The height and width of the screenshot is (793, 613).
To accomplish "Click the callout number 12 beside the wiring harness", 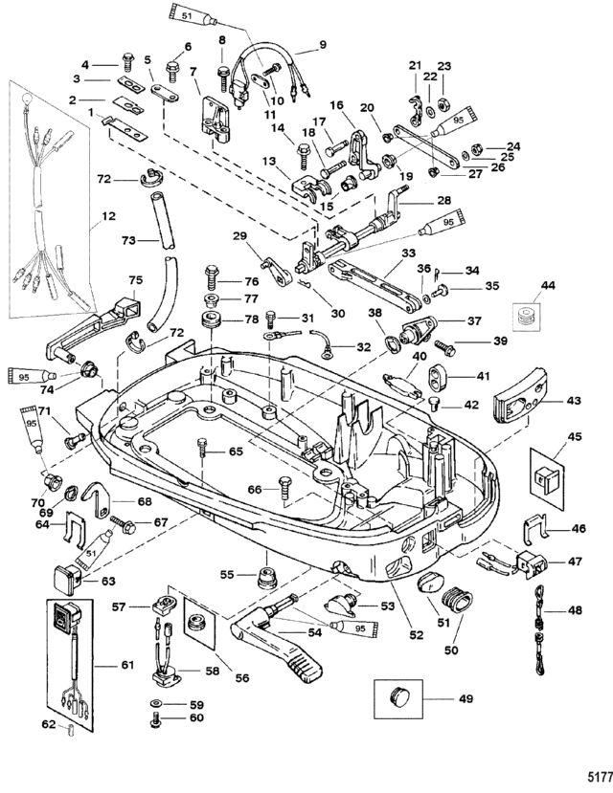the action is click(x=108, y=216).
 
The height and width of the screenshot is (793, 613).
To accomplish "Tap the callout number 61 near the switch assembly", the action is click(x=127, y=664).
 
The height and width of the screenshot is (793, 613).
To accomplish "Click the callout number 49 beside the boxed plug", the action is click(x=465, y=698).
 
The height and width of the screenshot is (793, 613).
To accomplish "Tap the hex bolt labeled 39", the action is click(x=443, y=347).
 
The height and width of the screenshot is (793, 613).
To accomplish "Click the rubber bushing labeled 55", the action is click(x=266, y=577).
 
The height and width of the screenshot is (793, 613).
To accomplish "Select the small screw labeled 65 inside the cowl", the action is click(x=203, y=448).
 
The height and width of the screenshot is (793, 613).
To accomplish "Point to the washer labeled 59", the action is click(x=156, y=704).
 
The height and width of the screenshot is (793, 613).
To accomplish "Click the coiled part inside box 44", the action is click(x=527, y=316).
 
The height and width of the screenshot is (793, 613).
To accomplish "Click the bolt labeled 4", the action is click(x=127, y=63).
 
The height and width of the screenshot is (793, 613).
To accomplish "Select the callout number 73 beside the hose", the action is click(x=128, y=240).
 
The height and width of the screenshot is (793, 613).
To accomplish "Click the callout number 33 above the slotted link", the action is click(x=408, y=253).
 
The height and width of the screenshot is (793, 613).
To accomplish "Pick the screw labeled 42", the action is click(x=432, y=404).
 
